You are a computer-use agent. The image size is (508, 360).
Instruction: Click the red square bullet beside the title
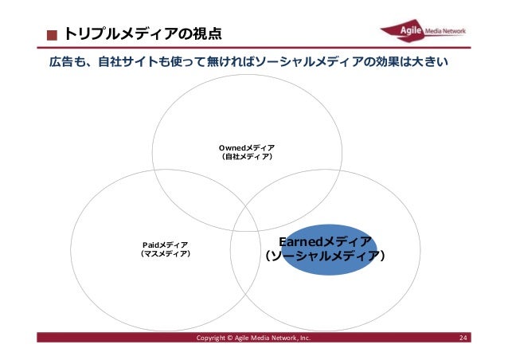(x=51, y=35)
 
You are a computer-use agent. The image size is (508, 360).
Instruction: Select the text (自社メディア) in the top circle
(x=247, y=158)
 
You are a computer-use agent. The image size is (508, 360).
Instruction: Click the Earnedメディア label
(x=326, y=241)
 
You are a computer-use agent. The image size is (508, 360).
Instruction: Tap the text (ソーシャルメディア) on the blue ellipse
(x=326, y=257)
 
